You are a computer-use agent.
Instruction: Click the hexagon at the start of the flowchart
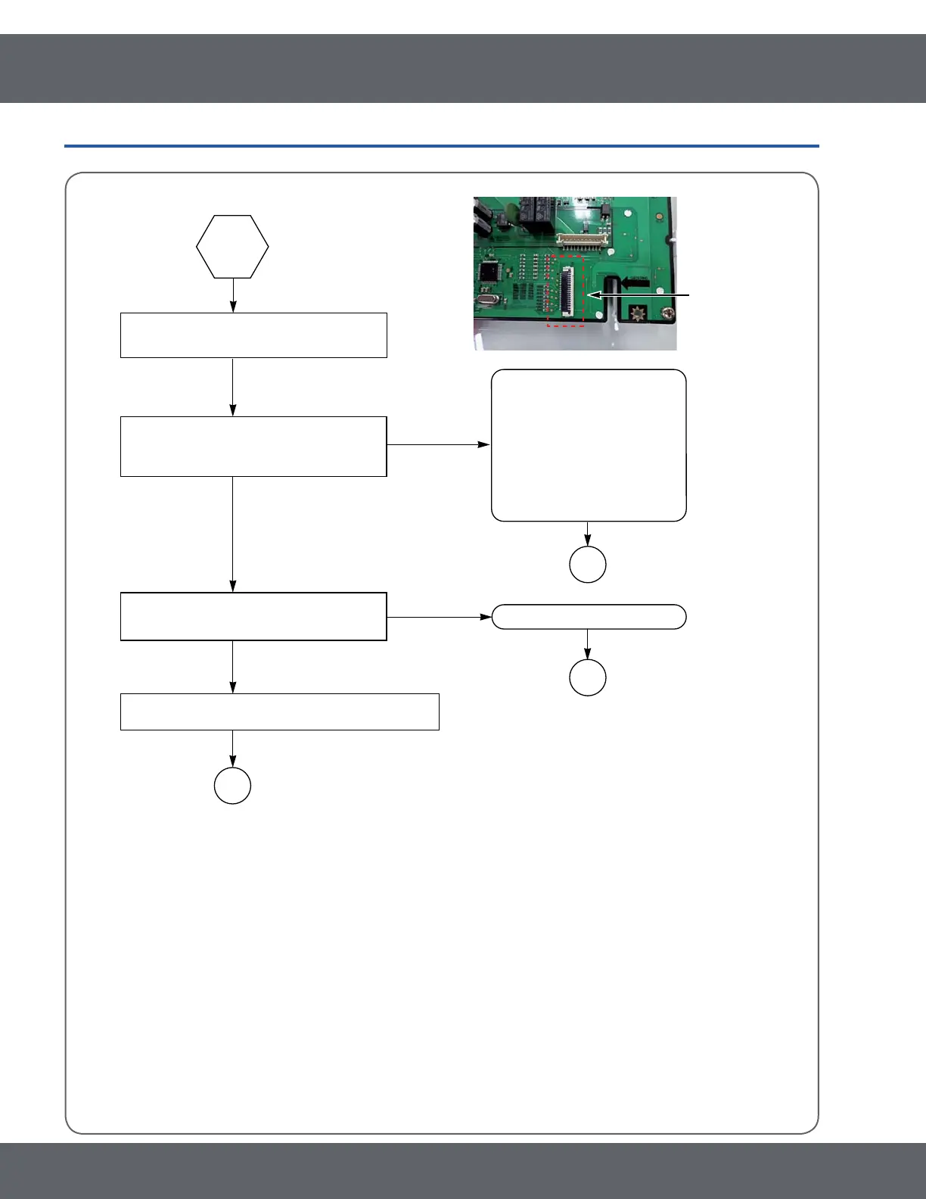[x=232, y=247]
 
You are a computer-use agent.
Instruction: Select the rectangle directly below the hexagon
[x=253, y=335]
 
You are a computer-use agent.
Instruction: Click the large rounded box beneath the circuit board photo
[x=589, y=445]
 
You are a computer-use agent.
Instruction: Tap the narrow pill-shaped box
[x=589, y=617]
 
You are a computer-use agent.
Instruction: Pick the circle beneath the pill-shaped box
[x=588, y=677]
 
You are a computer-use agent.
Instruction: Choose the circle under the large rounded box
[x=588, y=564]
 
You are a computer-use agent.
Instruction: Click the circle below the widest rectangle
[x=232, y=786]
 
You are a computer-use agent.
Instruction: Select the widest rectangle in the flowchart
[x=280, y=712]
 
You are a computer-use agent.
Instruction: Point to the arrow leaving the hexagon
[x=233, y=295]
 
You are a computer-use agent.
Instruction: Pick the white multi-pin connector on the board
[x=583, y=240]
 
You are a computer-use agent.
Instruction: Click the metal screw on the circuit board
[x=667, y=313]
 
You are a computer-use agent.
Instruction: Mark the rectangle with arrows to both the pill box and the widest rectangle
[x=253, y=617]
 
